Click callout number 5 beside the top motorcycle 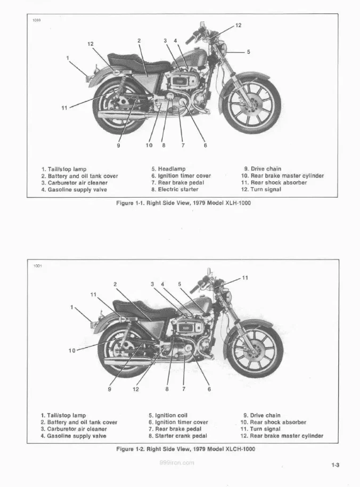(249, 52)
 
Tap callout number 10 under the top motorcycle (149, 145)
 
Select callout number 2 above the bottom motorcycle (114, 284)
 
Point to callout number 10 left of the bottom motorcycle (72, 350)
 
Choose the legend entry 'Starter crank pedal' (177, 435)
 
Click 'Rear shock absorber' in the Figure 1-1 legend (274, 182)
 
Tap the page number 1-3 (335, 465)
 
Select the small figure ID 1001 (37, 265)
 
